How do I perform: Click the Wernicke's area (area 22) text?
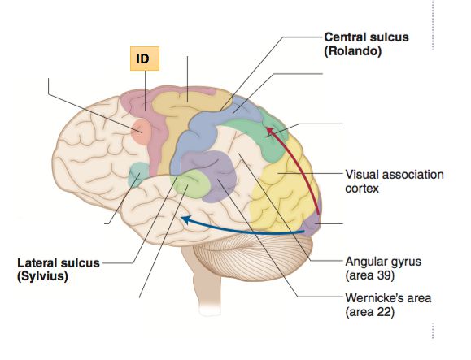click(x=386, y=305)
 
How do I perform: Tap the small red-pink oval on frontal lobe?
click(x=141, y=130)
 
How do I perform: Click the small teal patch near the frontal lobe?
click(x=139, y=172)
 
